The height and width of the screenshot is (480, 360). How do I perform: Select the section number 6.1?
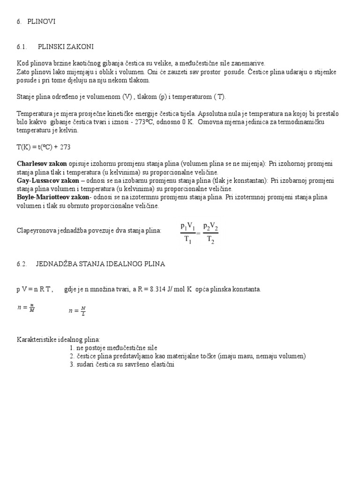22,46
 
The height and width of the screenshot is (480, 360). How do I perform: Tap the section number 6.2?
22,264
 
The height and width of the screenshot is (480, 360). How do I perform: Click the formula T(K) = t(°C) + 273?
44,147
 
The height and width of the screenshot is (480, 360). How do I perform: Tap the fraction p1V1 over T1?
187,233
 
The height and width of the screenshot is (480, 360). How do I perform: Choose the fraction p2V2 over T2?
210,233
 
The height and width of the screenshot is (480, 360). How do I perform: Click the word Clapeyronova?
37,230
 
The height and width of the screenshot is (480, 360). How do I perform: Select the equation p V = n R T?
35,289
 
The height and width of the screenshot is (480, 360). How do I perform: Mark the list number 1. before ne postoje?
72,348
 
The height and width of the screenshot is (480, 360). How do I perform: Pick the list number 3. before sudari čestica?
72,365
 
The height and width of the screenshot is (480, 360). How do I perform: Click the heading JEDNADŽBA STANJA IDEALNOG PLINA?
100,264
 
